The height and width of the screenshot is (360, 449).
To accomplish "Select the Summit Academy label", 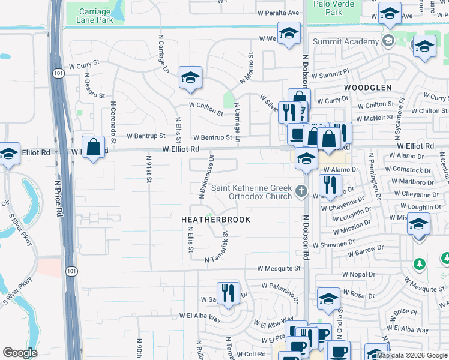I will tap(346, 41).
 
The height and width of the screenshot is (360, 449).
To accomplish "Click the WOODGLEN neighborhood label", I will tap(368, 87).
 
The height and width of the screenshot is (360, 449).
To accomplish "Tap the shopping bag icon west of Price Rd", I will tap(94, 146).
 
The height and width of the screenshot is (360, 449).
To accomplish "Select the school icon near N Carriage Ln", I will tap(190, 78).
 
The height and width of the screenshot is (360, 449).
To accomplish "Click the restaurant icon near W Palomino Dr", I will tap(228, 292).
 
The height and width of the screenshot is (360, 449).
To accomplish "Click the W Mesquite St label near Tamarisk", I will tap(279, 269).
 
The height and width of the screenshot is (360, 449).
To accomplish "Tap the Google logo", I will tap(20, 353).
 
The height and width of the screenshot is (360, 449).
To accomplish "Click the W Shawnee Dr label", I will tap(326, 244).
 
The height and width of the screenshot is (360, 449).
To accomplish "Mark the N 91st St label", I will tap(148, 168).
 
